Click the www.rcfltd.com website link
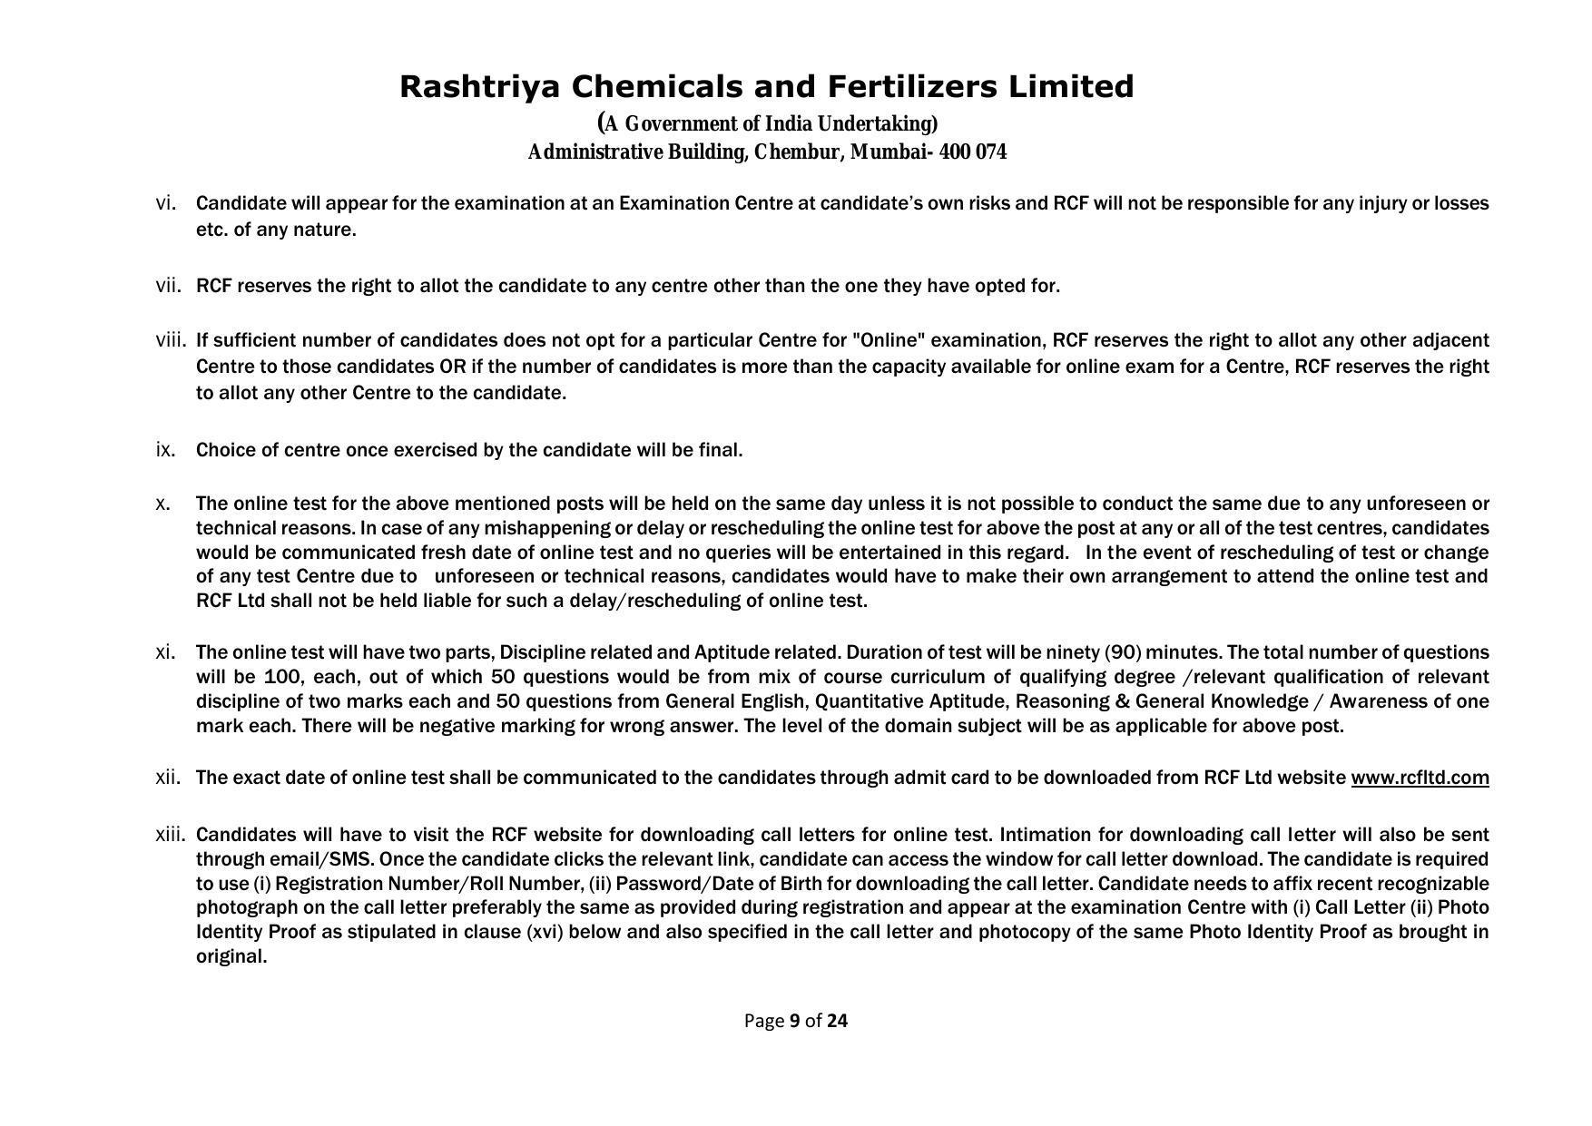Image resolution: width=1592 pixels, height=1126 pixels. point(1420,778)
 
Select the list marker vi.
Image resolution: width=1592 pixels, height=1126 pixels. point(165,202)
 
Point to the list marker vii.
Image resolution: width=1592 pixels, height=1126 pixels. point(168,286)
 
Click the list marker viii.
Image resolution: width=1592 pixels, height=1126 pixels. point(171,340)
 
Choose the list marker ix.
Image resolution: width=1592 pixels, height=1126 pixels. point(165,450)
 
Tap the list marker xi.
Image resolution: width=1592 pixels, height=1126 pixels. point(165,652)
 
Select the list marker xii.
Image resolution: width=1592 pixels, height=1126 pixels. point(168,778)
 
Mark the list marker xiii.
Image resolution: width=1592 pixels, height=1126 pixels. point(171,835)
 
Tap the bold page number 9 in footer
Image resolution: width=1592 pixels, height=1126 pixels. point(795,1021)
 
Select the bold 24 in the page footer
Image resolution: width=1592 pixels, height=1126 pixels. point(838,1021)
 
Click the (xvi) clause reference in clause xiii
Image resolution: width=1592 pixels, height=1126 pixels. point(545,932)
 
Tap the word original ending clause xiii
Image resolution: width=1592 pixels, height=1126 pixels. point(231,956)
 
